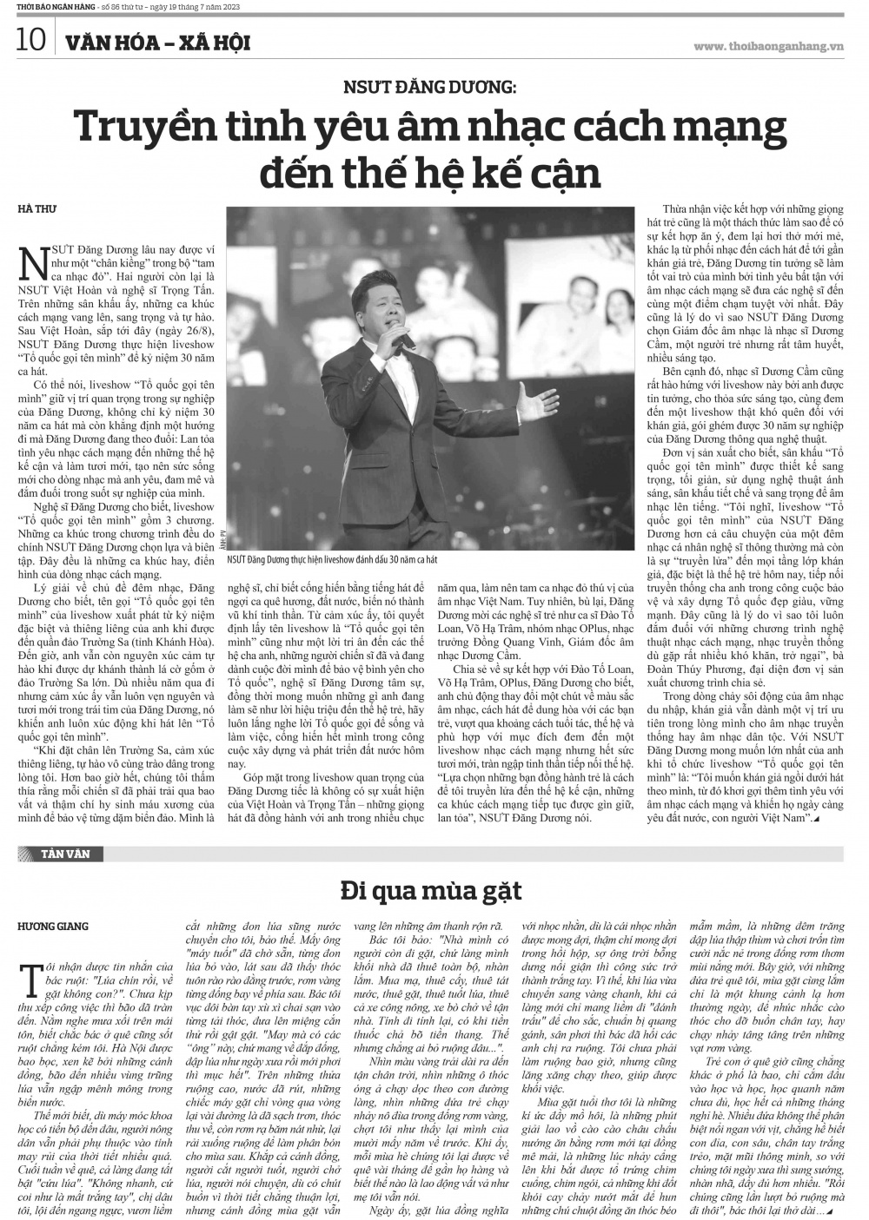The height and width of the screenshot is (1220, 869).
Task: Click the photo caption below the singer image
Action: point(338,561)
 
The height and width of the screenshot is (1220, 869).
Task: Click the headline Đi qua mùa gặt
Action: point(432,891)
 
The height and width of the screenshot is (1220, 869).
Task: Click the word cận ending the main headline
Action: point(564,173)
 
